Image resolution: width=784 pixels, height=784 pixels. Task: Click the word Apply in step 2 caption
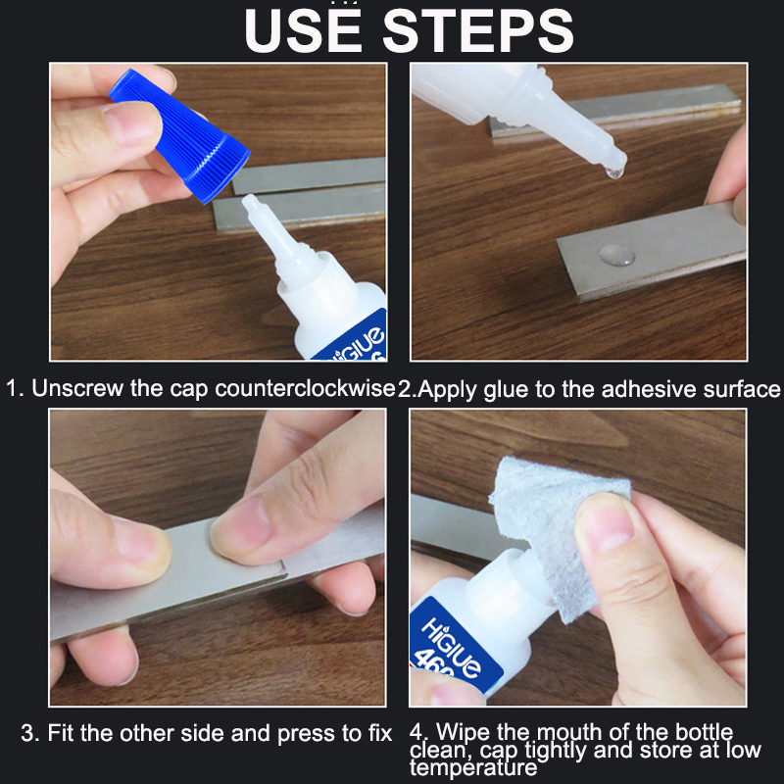coord(445,388)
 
